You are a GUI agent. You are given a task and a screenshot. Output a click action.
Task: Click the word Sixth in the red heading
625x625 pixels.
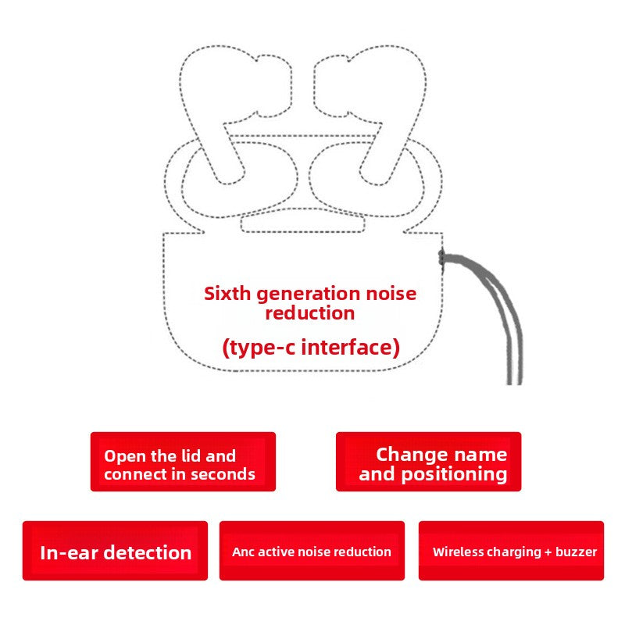click(227, 294)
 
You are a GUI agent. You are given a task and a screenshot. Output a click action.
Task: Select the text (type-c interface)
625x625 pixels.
click(311, 348)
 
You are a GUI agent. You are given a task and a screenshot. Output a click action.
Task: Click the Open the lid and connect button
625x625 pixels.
click(183, 462)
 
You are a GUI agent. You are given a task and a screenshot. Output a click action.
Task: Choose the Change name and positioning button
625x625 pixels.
click(428, 462)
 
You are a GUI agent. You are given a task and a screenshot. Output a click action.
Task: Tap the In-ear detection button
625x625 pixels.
click(115, 551)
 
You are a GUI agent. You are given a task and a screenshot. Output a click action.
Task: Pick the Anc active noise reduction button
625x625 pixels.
click(312, 551)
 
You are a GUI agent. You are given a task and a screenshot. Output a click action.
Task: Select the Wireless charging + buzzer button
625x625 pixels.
click(511, 551)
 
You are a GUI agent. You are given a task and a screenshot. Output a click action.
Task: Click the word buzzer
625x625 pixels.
click(577, 552)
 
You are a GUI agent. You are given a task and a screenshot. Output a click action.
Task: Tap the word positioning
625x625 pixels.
click(454, 475)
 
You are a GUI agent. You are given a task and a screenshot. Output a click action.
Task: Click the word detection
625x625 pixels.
click(150, 553)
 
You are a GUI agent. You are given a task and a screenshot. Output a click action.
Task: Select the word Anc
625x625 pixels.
click(241, 552)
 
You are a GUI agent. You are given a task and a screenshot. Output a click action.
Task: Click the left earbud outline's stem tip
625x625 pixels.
click(229, 183)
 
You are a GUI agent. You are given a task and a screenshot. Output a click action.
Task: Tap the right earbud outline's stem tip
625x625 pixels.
click(375, 184)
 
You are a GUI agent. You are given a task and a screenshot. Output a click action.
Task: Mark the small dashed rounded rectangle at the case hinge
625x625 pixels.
click(303, 220)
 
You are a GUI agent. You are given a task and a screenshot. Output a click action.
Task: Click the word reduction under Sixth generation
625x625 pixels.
click(310, 313)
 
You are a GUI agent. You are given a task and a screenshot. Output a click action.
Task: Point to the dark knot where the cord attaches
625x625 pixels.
click(441, 257)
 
